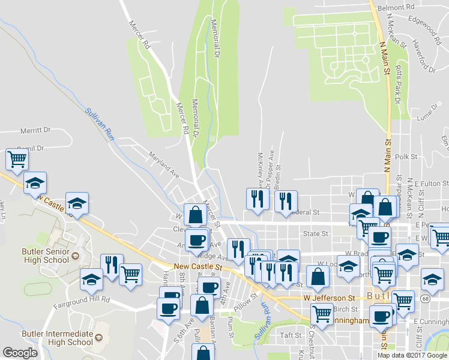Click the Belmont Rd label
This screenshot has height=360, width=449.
(401, 7)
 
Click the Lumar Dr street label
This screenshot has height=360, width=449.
(430, 111)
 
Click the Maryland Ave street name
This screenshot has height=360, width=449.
(164, 164)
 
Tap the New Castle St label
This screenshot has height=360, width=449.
(198, 266)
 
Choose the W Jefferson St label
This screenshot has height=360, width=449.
(329, 298)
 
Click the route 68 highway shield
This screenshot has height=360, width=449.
(425, 298)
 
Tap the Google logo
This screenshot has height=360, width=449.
(20, 353)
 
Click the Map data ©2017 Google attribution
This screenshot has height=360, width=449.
(412, 355)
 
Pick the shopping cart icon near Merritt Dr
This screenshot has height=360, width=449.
(17, 158)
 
